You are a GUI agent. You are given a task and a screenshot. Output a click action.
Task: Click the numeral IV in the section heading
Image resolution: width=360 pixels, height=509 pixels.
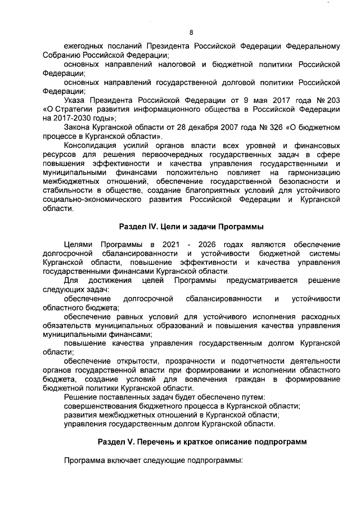tap(151, 227)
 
